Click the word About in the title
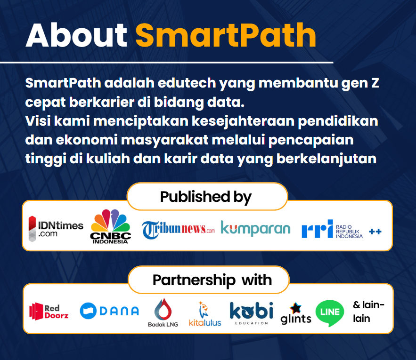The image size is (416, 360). tap(76, 35)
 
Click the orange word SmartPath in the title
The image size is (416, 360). tap(226, 35)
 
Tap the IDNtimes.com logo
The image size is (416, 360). tap(56, 229)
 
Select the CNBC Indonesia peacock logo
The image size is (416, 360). tap(110, 226)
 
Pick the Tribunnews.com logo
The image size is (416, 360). tap(178, 230)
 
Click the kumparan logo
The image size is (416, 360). tap(255, 229)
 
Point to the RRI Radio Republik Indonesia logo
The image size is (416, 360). tap(332, 229)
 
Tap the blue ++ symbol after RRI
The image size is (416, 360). tap(375, 232)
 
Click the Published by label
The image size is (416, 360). tap(205, 198)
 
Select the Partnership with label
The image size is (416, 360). tap(212, 280)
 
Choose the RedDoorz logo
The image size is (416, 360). tap(49, 311)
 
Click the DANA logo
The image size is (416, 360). tap(109, 311)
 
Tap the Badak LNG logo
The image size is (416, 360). tap(163, 313)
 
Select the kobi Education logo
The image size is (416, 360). tap(251, 313)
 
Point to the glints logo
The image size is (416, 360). tap(296, 313)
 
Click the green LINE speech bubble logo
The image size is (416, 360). tap(330, 313)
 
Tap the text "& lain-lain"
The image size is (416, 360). tap(368, 312)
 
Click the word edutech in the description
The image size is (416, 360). tap(187, 83)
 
